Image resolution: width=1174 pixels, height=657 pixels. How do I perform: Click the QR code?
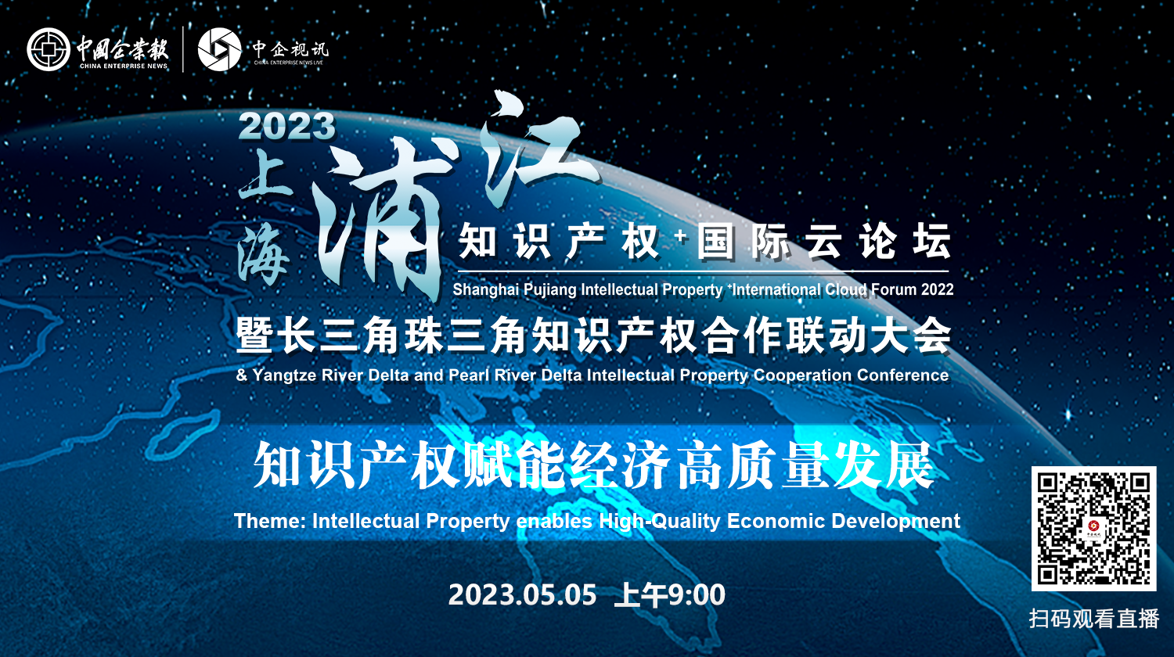point(1094,528)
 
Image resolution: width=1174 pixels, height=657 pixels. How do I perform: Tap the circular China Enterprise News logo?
point(49,49)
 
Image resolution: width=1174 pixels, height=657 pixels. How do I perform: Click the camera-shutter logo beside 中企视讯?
point(219,49)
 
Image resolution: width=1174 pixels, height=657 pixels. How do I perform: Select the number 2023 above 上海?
point(286,126)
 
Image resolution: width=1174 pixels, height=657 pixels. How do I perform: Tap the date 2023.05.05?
point(523,595)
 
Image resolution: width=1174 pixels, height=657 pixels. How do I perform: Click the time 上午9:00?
point(670,595)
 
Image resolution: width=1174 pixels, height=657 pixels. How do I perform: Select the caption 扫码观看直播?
point(1094,619)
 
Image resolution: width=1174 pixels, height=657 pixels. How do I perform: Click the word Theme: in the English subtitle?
point(270,522)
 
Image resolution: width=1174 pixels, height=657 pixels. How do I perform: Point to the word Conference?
point(903,375)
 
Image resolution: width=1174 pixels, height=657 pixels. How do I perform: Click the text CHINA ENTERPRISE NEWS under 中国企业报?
point(124,66)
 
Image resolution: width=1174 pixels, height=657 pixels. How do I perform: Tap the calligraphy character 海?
point(263,254)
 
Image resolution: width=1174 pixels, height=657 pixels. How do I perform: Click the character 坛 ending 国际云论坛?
point(931,241)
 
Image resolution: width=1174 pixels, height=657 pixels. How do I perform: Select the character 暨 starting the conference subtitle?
point(255,336)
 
